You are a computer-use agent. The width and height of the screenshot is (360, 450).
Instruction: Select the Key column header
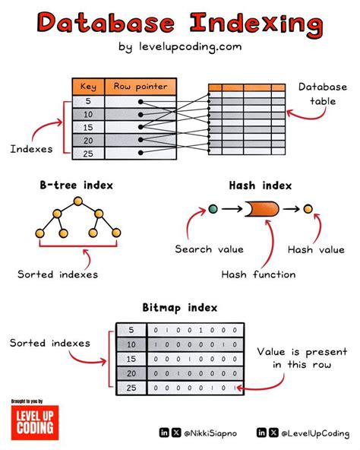click(88, 86)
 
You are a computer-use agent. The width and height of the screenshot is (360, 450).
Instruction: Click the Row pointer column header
click(141, 86)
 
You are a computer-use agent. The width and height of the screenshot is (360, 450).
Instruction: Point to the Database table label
click(322, 95)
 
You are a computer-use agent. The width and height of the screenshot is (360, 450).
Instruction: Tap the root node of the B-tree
click(76, 201)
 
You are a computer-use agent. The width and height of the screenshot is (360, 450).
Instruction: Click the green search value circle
click(213, 208)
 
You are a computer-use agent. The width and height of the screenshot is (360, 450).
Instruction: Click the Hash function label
click(259, 274)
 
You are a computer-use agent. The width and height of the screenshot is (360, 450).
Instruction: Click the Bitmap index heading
click(180, 308)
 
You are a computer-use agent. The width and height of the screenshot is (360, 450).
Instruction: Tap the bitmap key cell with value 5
click(131, 330)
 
